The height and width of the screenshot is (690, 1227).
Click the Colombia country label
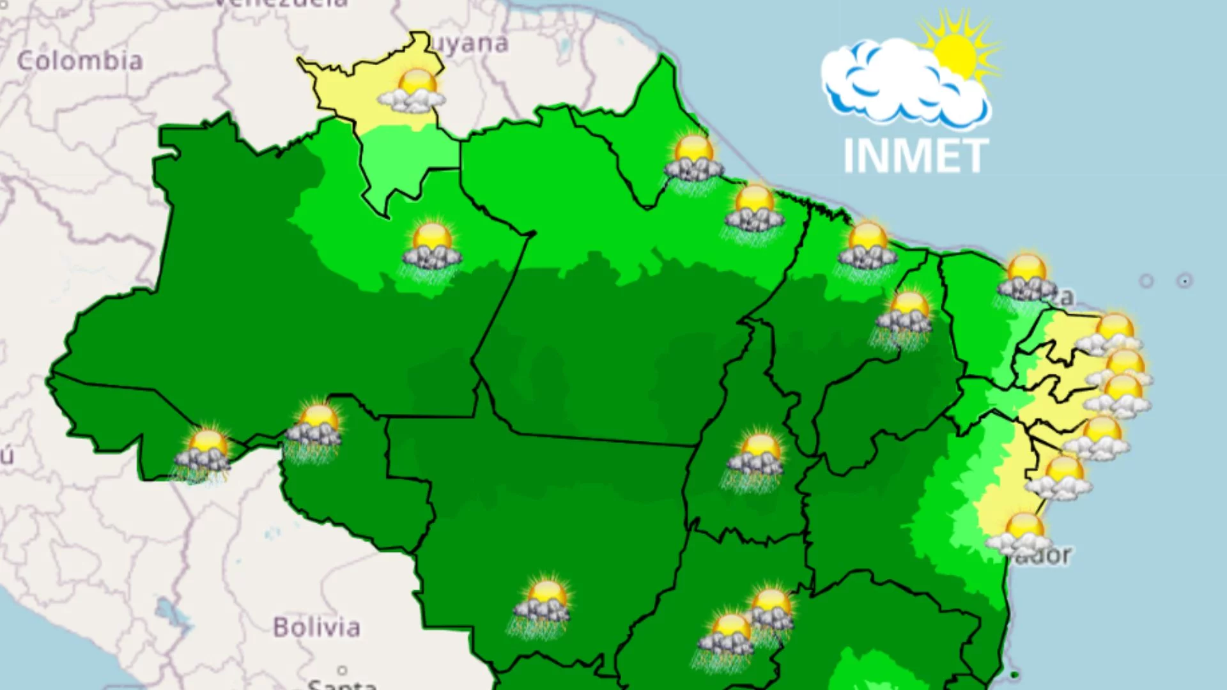coord(80,61)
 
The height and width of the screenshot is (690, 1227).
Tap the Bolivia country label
coord(316,627)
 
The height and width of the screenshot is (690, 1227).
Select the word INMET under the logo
coord(915,156)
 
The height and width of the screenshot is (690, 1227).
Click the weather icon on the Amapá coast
coord(693,160)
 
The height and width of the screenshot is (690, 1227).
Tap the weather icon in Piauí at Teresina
coord(905,317)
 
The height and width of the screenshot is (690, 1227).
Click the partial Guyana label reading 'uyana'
coord(470,43)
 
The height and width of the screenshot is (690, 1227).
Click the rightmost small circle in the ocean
coord(1184,280)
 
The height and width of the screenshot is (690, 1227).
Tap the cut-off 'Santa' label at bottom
coord(342,684)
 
